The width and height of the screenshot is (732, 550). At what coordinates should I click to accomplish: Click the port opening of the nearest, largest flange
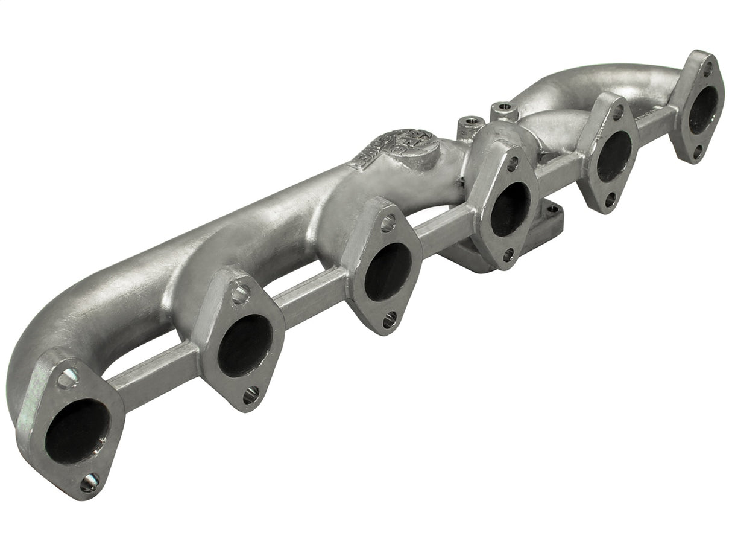[x=77, y=431]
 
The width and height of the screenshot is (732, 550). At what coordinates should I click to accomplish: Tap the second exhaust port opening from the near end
[x=244, y=345]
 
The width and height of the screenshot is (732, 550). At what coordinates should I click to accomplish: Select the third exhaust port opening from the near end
[x=388, y=272]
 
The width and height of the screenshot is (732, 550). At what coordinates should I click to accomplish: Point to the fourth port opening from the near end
[x=510, y=209]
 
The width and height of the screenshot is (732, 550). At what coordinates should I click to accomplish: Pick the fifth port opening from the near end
[x=614, y=156]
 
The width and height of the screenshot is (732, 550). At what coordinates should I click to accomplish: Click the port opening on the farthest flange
[x=703, y=110]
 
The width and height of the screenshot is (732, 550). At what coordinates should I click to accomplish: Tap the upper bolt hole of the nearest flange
[x=68, y=379]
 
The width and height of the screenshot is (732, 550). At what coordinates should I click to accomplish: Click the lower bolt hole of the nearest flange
[x=90, y=481]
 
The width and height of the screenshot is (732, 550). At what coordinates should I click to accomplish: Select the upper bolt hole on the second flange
[x=240, y=294]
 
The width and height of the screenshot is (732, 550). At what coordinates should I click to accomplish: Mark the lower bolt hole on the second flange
[x=251, y=395]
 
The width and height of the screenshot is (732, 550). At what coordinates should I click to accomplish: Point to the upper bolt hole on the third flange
[x=388, y=223]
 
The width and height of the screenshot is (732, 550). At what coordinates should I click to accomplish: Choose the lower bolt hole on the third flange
[x=390, y=319]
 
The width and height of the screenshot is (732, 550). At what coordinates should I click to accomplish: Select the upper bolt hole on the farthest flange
[x=707, y=68]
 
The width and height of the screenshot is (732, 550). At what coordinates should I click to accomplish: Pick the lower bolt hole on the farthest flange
[x=698, y=152]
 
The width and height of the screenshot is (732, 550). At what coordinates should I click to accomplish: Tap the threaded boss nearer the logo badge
[x=471, y=123]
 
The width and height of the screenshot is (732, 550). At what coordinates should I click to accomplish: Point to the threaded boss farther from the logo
[x=504, y=109]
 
